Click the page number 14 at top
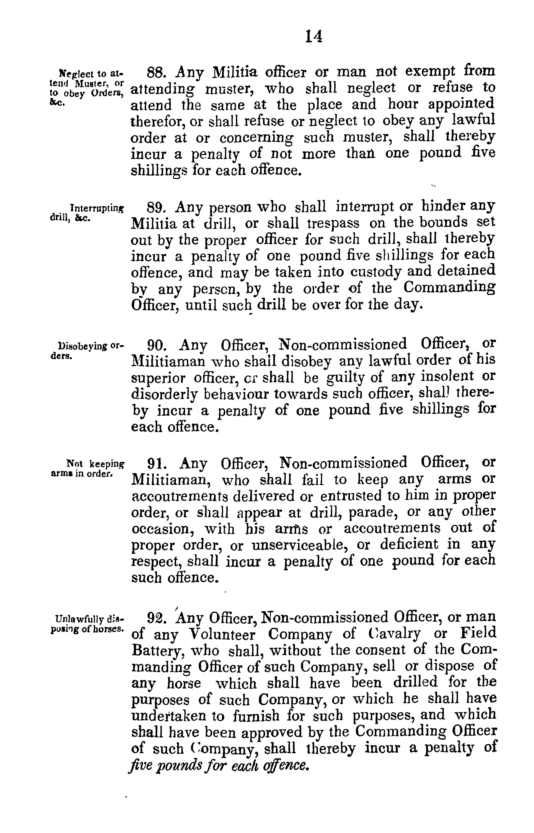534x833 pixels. coord(314,36)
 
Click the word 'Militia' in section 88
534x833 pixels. coord(235,73)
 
